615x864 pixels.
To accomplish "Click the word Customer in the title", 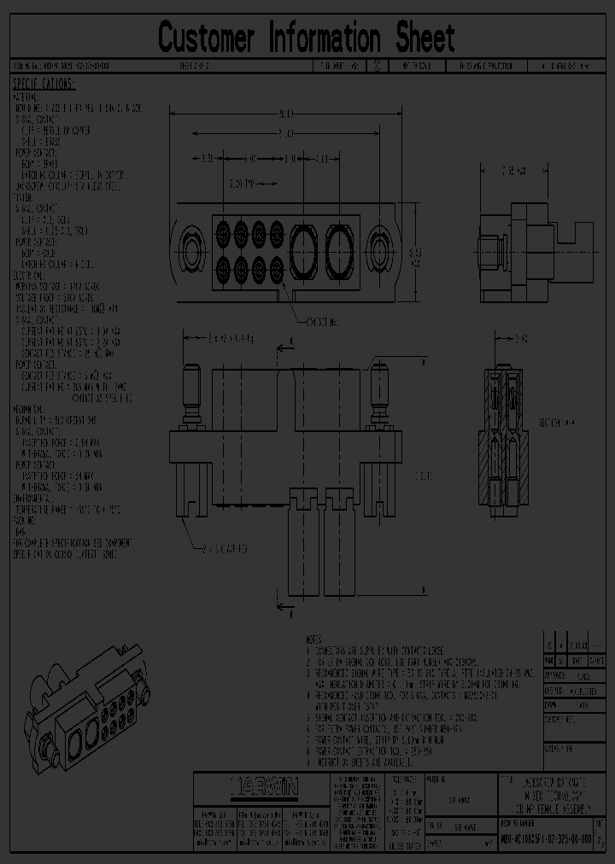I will pos(207,38).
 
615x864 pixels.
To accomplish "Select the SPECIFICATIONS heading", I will pos(44,84).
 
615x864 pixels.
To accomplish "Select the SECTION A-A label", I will pos(556,422).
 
